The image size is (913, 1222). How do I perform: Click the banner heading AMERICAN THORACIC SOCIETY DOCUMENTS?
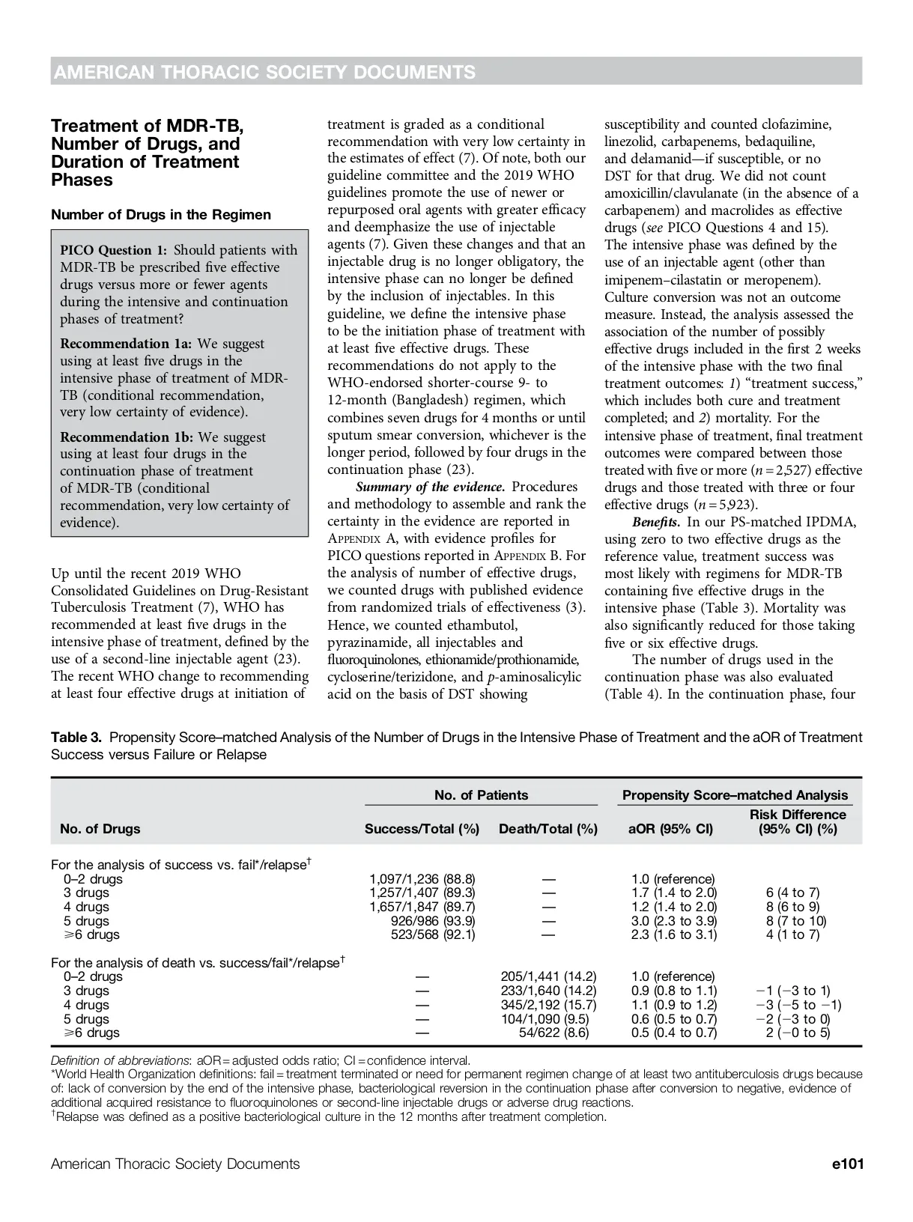(264, 72)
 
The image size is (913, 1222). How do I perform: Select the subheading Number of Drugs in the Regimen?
(161, 215)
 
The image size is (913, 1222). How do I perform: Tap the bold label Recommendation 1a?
(126, 344)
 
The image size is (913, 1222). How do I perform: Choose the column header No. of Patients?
(481, 795)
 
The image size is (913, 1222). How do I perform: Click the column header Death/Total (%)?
(548, 829)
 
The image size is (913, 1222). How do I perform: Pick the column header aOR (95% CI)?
(670, 829)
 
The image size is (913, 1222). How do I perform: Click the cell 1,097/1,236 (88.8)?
(422, 879)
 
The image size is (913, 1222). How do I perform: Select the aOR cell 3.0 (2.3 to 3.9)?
(674, 921)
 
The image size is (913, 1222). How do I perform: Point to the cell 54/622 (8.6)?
(554, 1033)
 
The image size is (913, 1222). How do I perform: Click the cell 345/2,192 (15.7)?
(548, 1005)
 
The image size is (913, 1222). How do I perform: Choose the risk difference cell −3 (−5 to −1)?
(798, 1005)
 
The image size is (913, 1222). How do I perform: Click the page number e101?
(848, 1164)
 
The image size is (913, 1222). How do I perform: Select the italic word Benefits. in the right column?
(656, 522)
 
